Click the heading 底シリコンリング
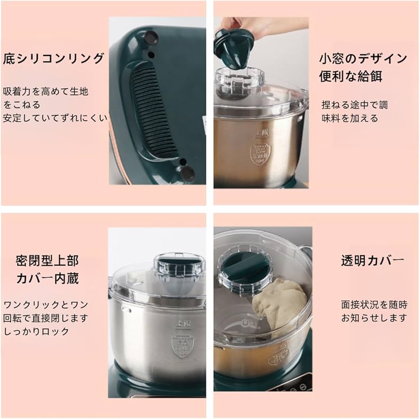(x=54, y=59)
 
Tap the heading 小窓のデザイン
(x=363, y=59)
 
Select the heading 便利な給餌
(x=350, y=76)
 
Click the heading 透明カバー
(x=372, y=261)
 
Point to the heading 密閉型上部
(x=47, y=260)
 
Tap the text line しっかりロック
(x=36, y=331)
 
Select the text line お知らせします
(x=374, y=318)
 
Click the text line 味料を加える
(x=350, y=118)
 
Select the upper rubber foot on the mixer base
(x=151, y=37)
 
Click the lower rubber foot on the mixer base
(x=187, y=173)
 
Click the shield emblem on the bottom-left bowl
(x=183, y=346)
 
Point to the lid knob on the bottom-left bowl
(x=179, y=265)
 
